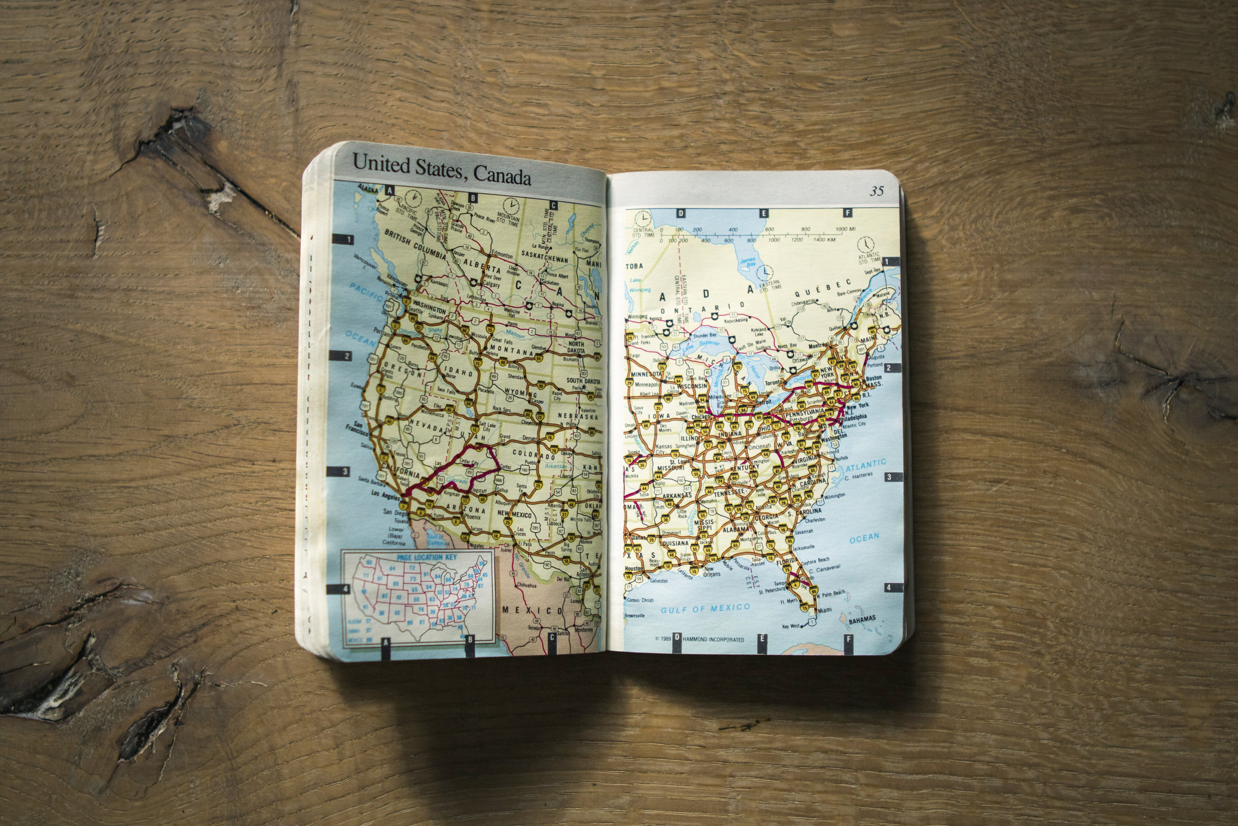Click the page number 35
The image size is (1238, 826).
coord(877,191)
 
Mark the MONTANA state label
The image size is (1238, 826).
coord(512,350)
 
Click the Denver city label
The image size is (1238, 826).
coord(529,438)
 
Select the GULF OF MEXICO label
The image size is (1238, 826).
coord(705,609)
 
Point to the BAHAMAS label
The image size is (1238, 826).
coord(862,619)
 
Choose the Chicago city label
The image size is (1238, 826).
coord(701,417)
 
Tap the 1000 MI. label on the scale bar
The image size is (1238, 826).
coord(846,229)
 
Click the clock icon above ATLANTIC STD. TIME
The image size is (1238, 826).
coord(865,244)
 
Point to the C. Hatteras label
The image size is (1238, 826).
coord(859,477)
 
